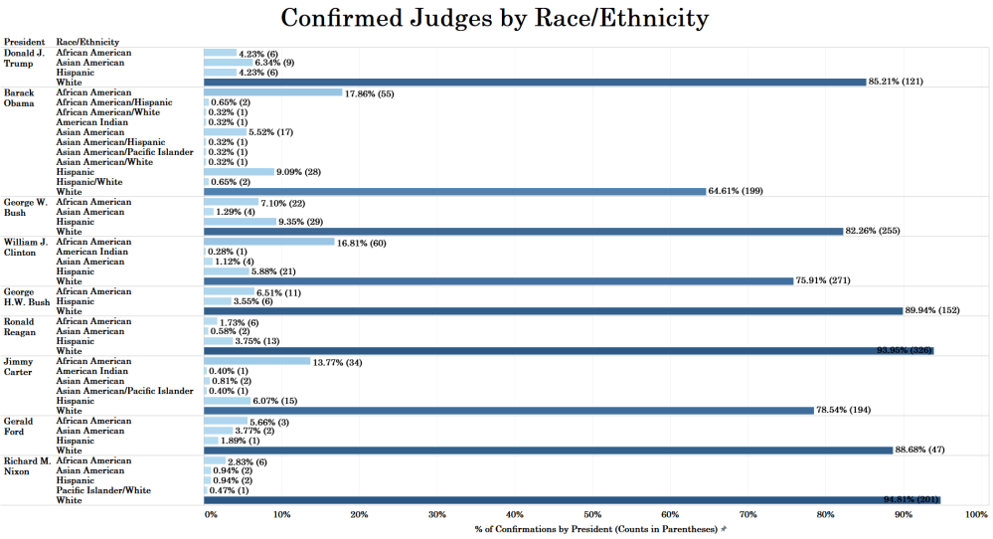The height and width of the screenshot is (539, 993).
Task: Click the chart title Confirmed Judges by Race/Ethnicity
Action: [x=495, y=18]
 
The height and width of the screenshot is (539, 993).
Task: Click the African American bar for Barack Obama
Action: [x=272, y=92]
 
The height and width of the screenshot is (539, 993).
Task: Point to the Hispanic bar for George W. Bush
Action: [x=240, y=222]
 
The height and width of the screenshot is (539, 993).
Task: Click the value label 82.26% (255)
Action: [x=876, y=232]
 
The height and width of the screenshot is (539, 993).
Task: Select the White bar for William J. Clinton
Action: [x=498, y=281]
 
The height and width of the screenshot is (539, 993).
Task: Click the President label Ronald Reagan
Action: [x=21, y=326]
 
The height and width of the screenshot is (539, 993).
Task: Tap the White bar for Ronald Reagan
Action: [x=568, y=351]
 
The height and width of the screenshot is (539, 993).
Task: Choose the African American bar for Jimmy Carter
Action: [x=256, y=361]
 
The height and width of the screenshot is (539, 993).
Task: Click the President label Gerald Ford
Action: [x=19, y=426]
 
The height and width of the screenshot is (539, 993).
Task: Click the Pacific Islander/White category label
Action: [x=103, y=490]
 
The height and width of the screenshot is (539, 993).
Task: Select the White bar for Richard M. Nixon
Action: [x=572, y=500]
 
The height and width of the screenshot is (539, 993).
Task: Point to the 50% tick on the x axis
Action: [x=592, y=514]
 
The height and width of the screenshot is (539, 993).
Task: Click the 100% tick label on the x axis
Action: [x=975, y=514]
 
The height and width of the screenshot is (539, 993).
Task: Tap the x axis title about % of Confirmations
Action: [x=595, y=529]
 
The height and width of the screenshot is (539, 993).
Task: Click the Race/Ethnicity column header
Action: [x=87, y=42]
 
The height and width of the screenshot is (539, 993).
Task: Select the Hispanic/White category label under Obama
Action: [x=89, y=182]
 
